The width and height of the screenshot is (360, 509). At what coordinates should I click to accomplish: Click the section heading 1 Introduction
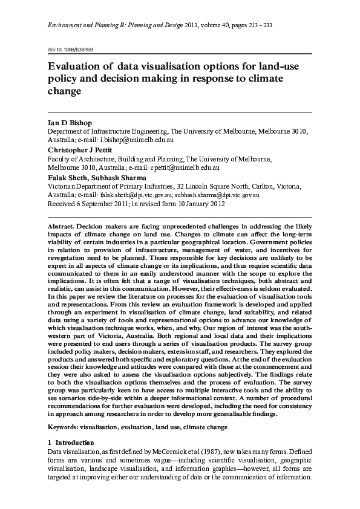[x=71, y=443]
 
